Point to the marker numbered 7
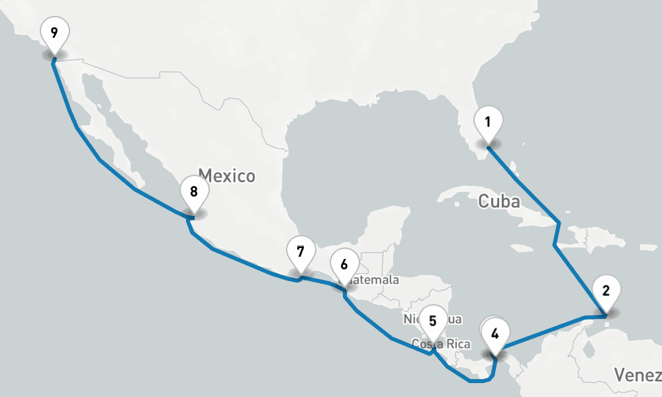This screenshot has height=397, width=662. pos(301,253)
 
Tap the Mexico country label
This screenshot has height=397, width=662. pos(226,176)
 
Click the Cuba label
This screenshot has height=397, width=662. pos(499,201)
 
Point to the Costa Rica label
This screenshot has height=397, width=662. pos(441,344)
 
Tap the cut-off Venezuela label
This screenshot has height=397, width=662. pos(637,376)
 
